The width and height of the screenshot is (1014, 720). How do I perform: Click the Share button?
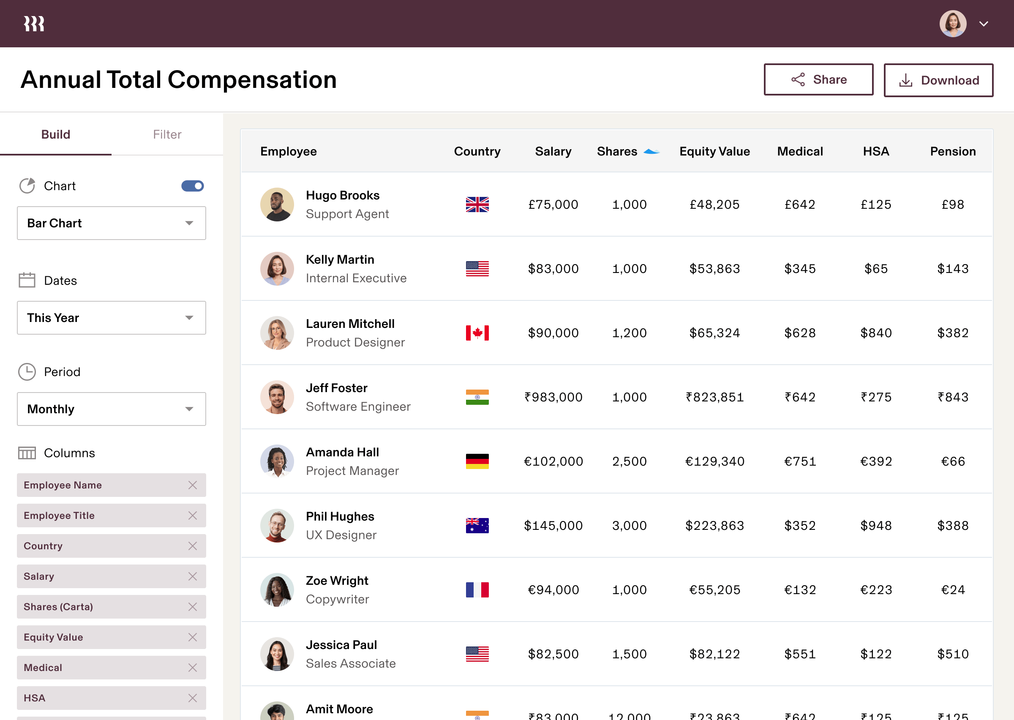tap(818, 80)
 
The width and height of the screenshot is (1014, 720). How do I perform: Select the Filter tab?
tap(167, 134)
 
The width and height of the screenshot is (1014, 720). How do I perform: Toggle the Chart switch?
tap(192, 186)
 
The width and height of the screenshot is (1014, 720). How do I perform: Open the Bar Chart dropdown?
tap(111, 223)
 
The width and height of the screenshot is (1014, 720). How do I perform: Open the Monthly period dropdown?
tap(111, 409)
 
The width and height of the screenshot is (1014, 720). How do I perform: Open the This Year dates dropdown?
tap(111, 318)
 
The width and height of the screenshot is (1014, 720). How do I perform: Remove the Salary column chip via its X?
tap(192, 576)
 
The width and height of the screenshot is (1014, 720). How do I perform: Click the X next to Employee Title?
tap(192, 515)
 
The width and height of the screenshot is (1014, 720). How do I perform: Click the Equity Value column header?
tap(714, 152)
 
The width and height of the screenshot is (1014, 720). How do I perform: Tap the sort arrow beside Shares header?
tap(651, 152)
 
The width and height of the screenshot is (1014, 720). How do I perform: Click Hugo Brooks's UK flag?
tap(477, 205)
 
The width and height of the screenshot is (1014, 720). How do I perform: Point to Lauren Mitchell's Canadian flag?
tap(477, 333)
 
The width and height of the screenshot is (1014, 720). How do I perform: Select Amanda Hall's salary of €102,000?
tap(553, 461)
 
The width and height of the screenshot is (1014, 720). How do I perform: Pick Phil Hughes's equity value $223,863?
tap(714, 526)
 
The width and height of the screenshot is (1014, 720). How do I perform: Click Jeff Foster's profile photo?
tap(277, 397)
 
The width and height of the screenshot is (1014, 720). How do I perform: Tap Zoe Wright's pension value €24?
tap(953, 590)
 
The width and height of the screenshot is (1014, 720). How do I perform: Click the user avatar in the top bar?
tap(953, 24)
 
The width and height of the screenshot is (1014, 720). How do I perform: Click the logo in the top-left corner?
tap(34, 24)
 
